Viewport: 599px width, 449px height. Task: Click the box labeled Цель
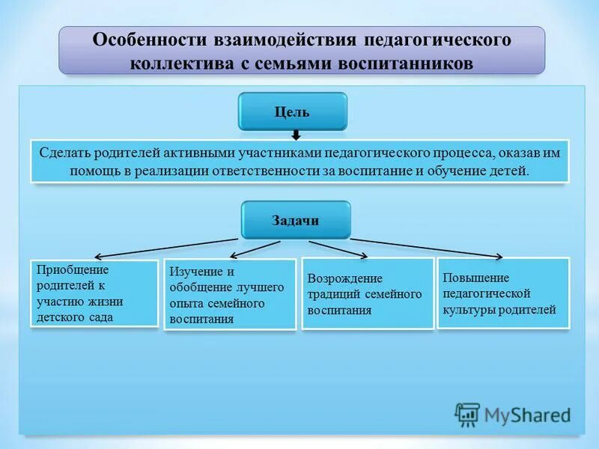coord(292,112)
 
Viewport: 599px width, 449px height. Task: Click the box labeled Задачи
coord(295,220)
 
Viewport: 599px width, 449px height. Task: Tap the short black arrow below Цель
coord(296,135)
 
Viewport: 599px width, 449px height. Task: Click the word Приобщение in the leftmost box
coord(72,269)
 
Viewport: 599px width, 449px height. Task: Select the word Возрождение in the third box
coord(344,278)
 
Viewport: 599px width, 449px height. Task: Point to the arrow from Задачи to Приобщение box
coord(165,247)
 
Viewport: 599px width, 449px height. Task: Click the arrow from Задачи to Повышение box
coord(427,247)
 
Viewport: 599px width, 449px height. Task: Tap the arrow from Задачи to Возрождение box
coord(337,248)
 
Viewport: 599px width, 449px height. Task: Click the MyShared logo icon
coord(467,414)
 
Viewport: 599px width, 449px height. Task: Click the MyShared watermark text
coord(527,415)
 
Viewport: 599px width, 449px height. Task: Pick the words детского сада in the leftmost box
coord(75,317)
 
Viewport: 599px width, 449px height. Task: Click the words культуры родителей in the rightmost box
coord(499,310)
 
